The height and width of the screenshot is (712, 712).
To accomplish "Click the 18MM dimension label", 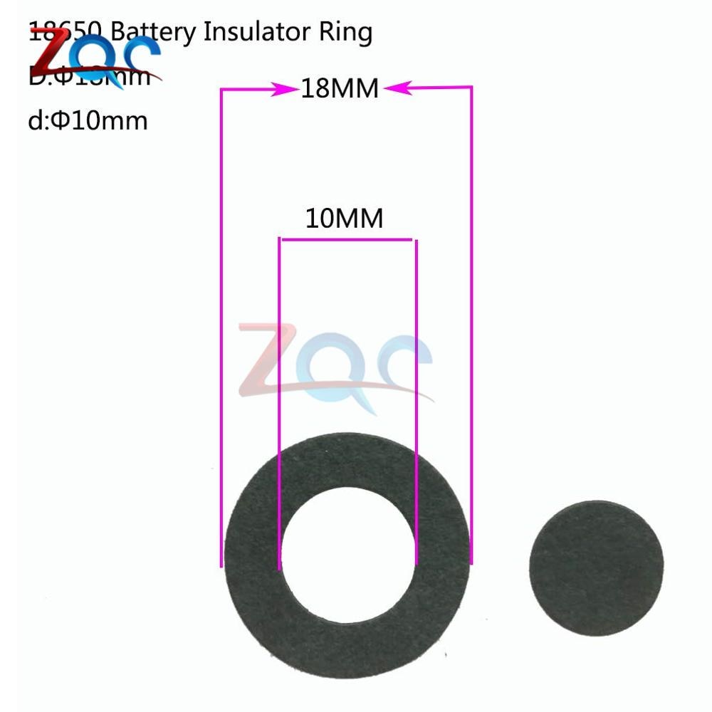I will click(338, 90).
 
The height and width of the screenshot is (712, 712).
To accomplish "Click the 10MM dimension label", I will click(344, 219).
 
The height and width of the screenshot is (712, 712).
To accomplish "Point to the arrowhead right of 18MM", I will click(396, 88).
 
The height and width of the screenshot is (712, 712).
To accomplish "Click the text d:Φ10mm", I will click(88, 120).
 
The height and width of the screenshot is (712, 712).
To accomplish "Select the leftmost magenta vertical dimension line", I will click(221, 328).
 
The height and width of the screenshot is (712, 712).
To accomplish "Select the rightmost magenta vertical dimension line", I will click(471, 328).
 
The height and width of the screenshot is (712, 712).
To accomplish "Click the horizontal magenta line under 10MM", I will click(347, 240).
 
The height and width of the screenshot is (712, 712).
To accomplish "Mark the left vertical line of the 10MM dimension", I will click(279, 406).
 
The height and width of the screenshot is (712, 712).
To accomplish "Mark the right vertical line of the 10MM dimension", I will click(416, 406).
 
